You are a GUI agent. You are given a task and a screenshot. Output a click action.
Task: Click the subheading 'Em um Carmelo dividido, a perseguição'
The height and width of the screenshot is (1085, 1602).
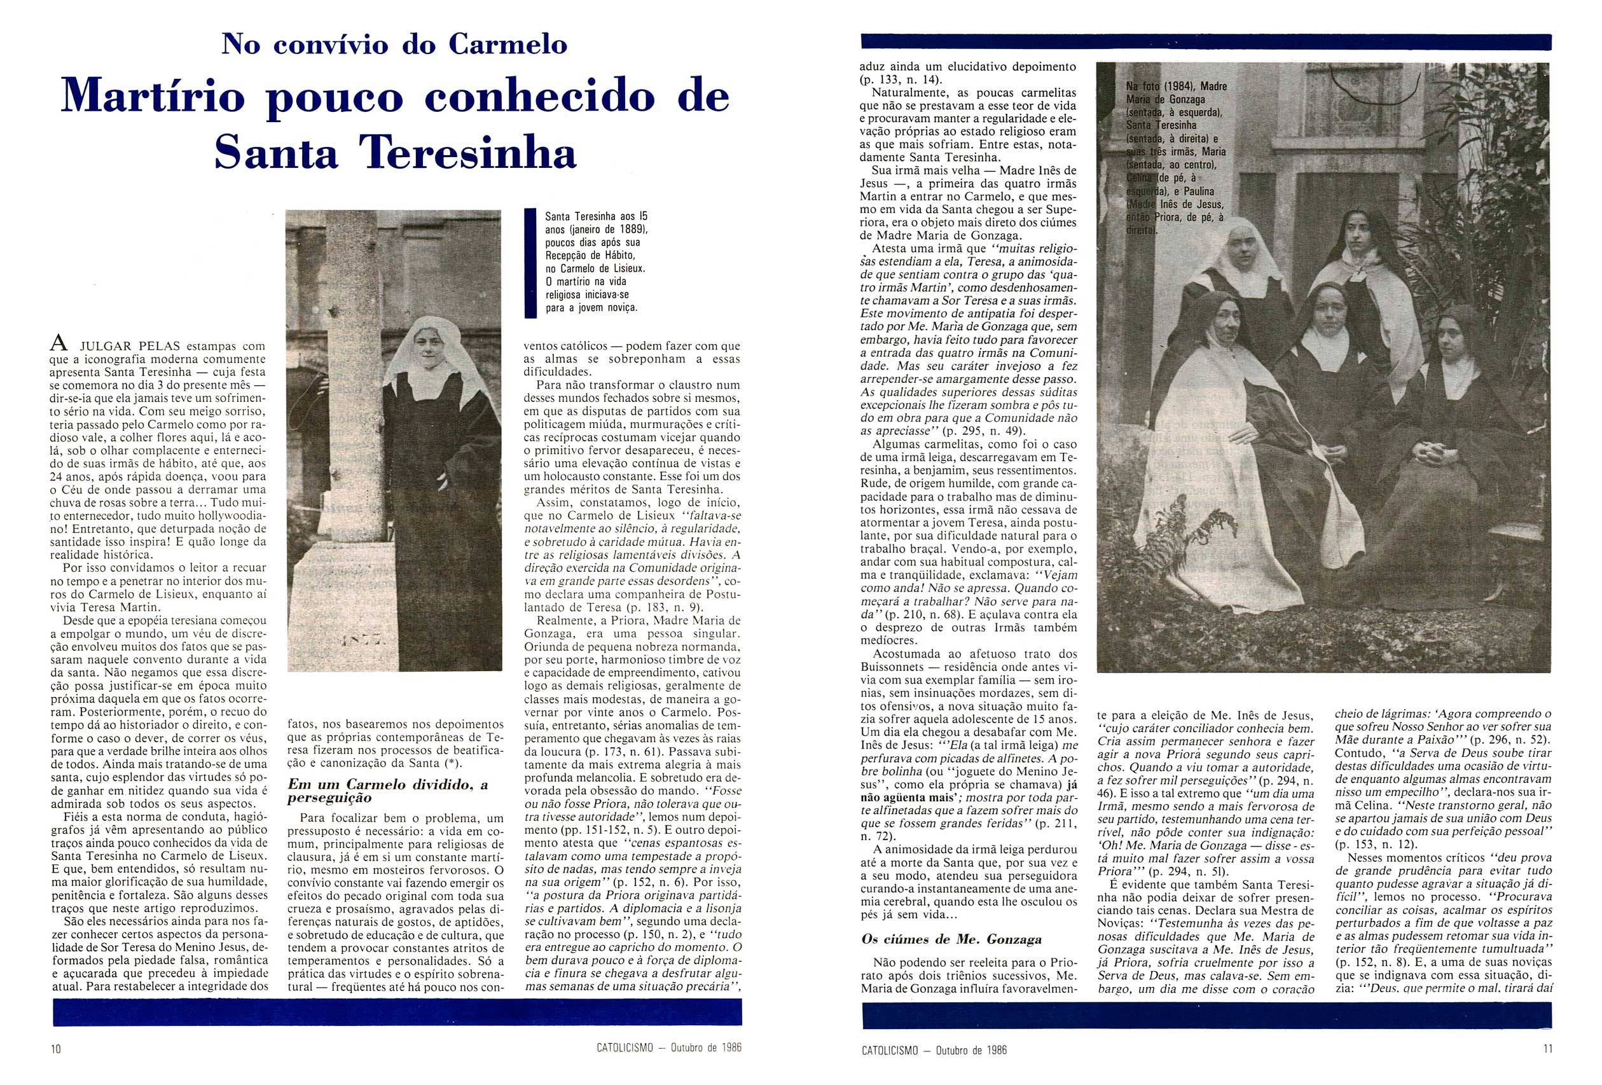pyautogui.click(x=388, y=791)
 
